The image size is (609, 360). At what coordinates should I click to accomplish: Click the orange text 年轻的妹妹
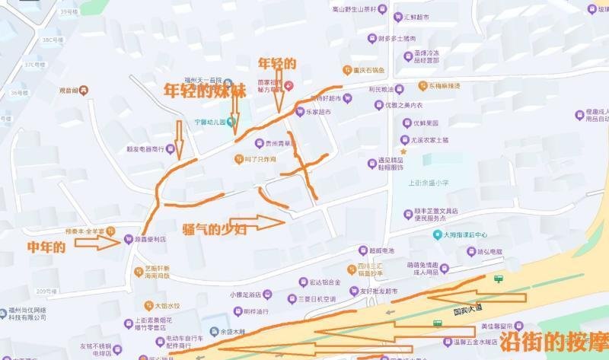206,89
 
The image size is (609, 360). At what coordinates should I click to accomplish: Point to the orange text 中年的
47,246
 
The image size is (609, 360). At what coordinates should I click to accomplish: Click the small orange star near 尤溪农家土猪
403,151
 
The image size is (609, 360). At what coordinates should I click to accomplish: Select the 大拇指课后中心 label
465,235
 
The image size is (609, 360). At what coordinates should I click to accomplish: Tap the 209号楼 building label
47,291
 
